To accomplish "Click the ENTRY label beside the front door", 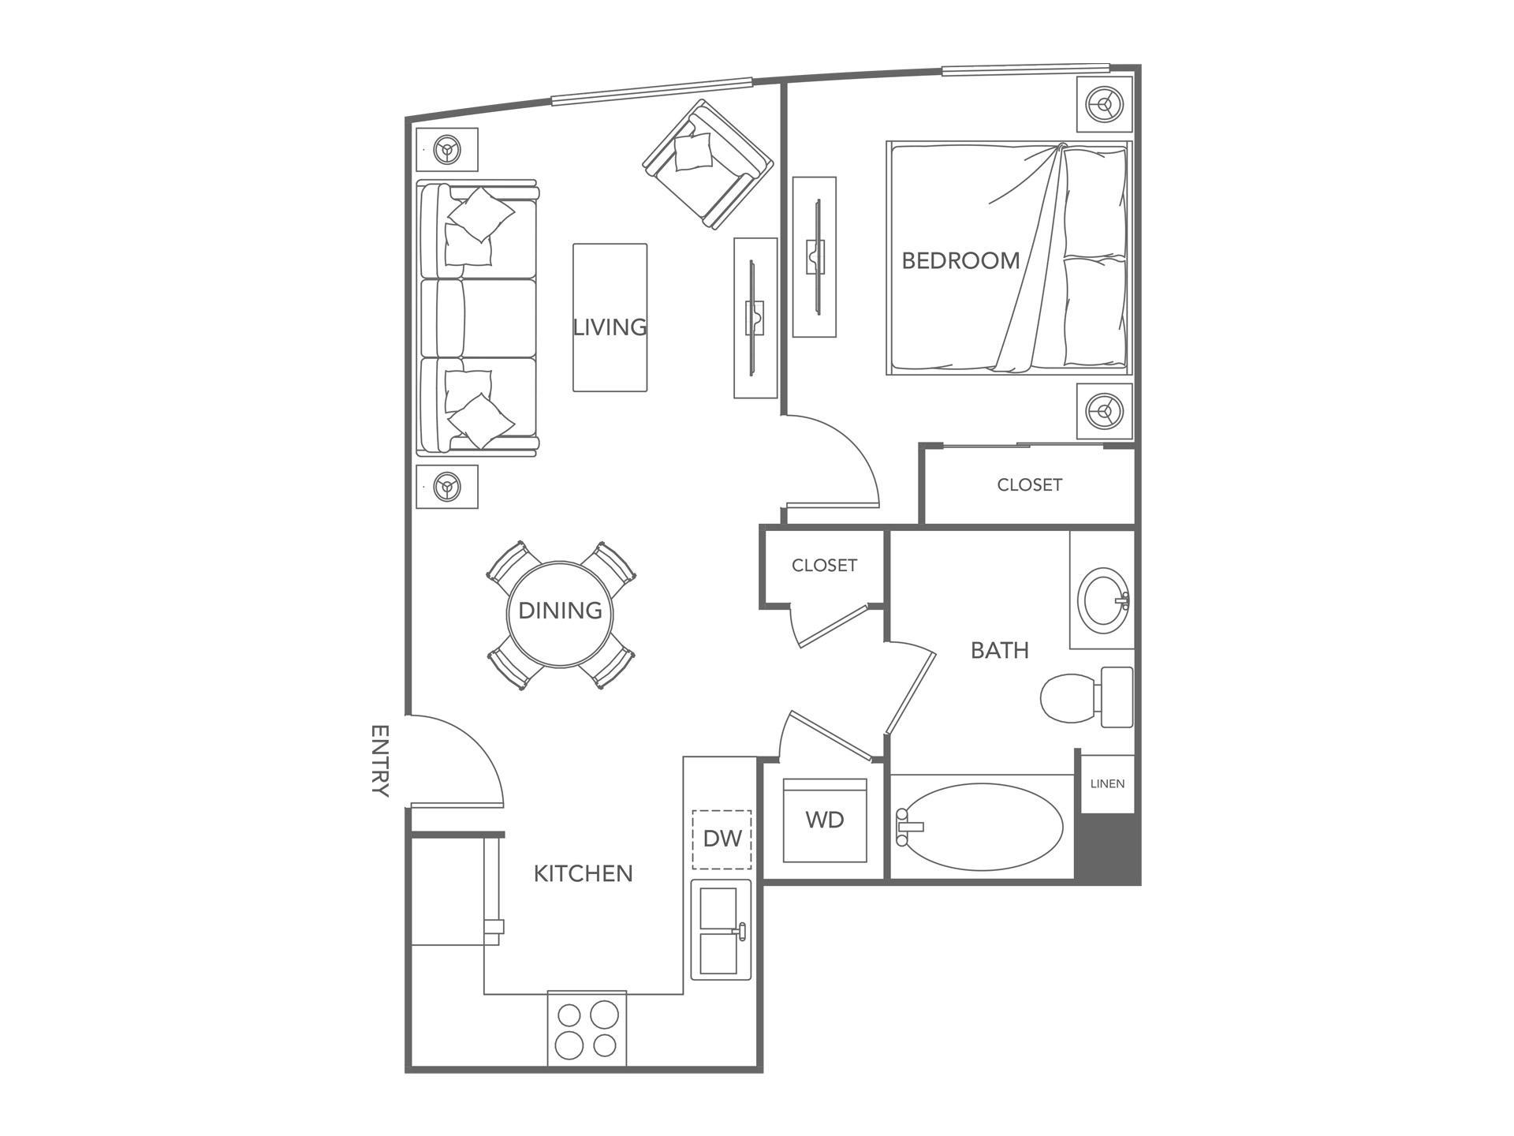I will (380, 761).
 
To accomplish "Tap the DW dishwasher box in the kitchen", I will (722, 839).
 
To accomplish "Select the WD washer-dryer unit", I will (825, 820).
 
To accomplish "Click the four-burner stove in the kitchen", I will (587, 1029).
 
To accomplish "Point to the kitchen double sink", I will (721, 931).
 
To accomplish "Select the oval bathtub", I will (982, 827).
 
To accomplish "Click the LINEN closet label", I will (1107, 783).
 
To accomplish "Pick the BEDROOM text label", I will (960, 260).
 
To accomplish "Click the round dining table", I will (560, 613).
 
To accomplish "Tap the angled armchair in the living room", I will (707, 164).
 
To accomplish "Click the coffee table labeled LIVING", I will (610, 317).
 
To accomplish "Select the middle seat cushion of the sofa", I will (479, 318).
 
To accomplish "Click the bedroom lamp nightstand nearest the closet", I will (1105, 410).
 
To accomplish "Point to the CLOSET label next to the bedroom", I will (1029, 485).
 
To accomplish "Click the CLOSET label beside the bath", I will (824, 566).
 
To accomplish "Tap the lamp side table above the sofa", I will (447, 149).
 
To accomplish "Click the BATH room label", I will (999, 650).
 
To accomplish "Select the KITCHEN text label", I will (583, 873).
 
